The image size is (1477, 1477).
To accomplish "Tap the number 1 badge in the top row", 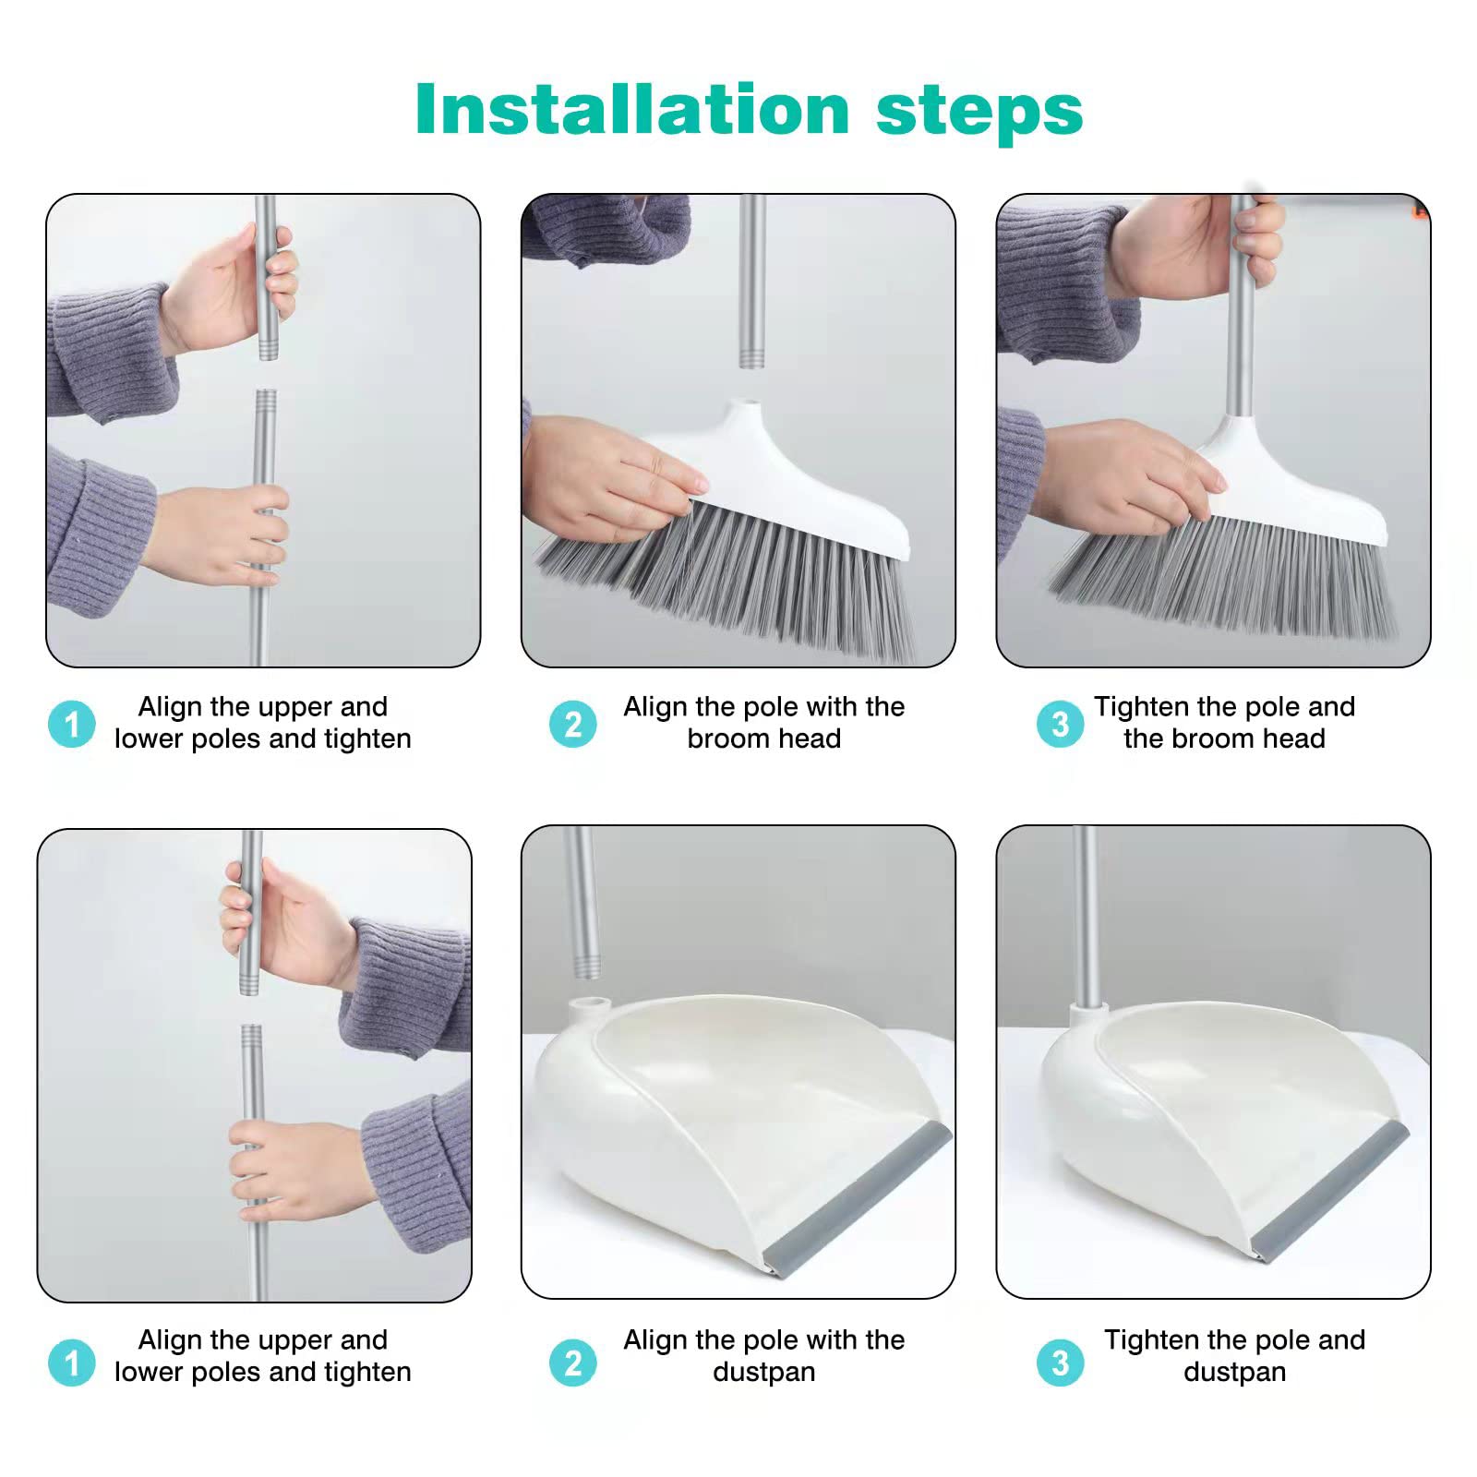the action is [x=72, y=724].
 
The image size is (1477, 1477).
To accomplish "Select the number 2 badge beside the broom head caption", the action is [x=572, y=724].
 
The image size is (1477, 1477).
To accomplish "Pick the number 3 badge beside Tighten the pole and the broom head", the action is [x=1060, y=724].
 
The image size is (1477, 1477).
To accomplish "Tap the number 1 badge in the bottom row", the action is [x=72, y=1363].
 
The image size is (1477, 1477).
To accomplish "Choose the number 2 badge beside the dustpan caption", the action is [x=572, y=1363].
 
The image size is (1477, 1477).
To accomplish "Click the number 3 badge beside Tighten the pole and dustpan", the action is [x=1060, y=1363].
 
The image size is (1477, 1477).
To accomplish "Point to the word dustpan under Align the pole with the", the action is [x=764, y=1373].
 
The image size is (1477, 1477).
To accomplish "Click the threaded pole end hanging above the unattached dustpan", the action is [x=583, y=960].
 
